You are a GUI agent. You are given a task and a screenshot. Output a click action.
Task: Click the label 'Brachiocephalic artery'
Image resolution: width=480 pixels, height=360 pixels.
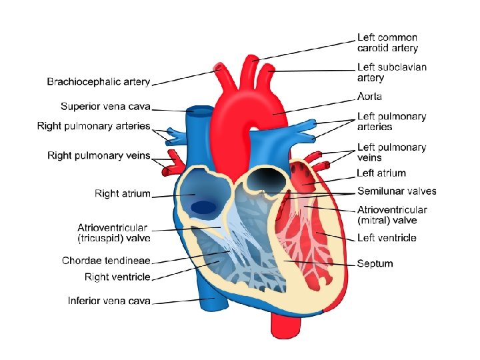click(99, 82)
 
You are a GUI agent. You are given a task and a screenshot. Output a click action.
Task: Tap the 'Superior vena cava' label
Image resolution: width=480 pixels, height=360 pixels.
click(105, 106)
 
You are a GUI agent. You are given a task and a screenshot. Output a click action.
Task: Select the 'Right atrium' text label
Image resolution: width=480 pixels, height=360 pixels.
click(123, 194)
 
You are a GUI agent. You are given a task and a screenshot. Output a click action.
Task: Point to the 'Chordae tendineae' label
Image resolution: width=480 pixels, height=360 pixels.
click(106, 261)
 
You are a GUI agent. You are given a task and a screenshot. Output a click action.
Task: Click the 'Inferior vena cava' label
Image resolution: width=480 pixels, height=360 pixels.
click(109, 301)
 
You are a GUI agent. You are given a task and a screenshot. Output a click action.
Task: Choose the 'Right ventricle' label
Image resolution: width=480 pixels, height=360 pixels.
click(117, 277)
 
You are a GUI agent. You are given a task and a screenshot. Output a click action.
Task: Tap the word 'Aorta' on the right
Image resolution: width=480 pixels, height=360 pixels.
click(369, 97)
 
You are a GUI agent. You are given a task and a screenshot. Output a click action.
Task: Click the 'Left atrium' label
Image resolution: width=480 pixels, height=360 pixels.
click(381, 173)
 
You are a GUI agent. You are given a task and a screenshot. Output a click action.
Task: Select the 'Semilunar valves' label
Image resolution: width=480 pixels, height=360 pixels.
click(397, 191)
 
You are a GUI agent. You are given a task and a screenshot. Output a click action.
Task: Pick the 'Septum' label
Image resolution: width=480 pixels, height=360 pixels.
click(375, 263)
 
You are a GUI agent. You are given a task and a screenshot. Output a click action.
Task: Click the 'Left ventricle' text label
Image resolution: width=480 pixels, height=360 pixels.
click(387, 238)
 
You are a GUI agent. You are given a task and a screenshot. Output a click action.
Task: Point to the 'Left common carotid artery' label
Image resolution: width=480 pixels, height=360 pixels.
click(387, 43)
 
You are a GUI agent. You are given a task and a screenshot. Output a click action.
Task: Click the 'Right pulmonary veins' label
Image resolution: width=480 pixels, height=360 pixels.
click(99, 155)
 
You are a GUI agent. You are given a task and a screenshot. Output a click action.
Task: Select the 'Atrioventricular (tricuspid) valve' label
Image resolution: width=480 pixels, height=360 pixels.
click(113, 233)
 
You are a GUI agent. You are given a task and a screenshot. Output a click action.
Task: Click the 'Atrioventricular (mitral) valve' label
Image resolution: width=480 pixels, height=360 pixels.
click(392, 215)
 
